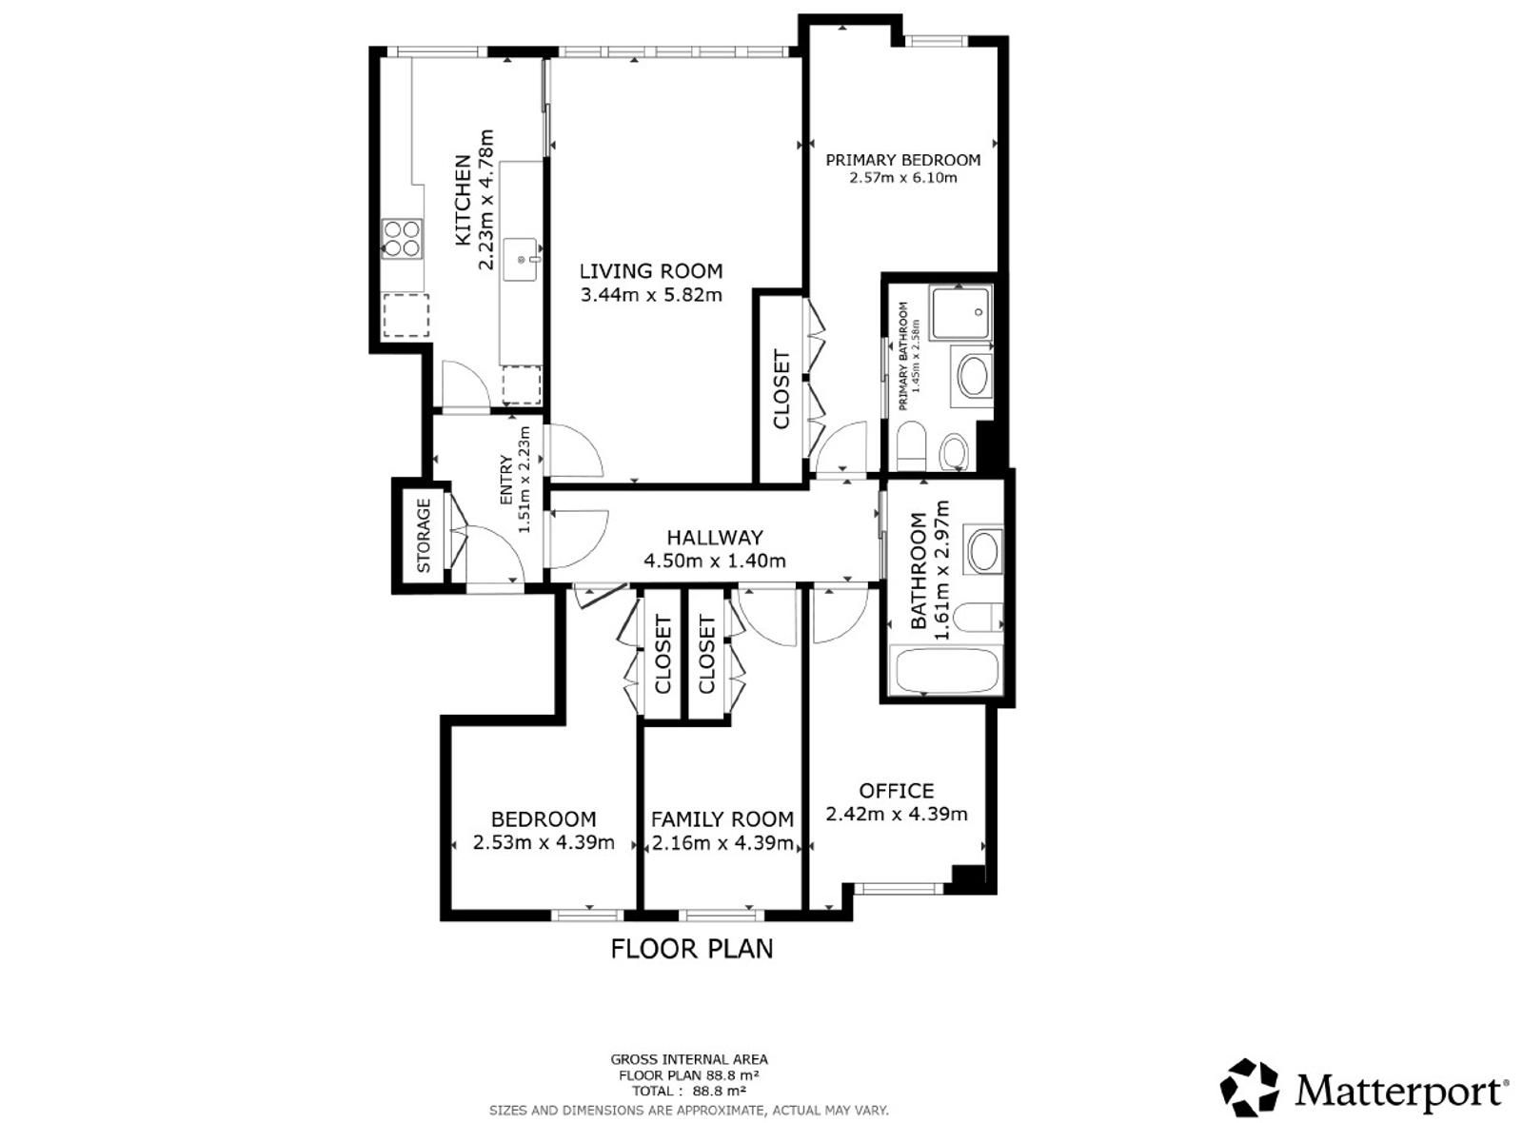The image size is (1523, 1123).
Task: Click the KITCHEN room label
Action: tap(463, 200)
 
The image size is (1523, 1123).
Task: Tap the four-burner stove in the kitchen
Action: tap(402, 239)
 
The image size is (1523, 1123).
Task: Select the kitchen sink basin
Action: tap(522, 260)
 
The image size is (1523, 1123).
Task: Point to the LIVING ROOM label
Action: tap(651, 271)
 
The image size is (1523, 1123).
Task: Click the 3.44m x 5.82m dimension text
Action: tap(651, 295)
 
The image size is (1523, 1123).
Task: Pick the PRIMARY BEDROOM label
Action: tap(903, 160)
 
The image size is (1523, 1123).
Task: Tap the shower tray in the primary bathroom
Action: tap(961, 313)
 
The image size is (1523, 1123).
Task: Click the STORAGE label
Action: tap(424, 535)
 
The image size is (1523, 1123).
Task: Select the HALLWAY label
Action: tap(715, 538)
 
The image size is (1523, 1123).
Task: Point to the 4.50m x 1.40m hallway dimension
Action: tap(715, 561)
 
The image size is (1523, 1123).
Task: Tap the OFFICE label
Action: tap(896, 791)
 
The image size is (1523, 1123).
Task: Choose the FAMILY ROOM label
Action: tap(722, 819)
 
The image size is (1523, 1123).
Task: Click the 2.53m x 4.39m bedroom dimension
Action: tap(544, 843)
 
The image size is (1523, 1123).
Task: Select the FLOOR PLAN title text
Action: tap(691, 949)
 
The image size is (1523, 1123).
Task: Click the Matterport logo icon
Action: tap(1248, 1087)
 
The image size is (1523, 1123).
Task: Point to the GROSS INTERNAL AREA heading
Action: tap(689, 1059)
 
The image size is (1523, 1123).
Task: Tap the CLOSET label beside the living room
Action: tap(781, 389)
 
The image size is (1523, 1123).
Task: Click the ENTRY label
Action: tap(505, 480)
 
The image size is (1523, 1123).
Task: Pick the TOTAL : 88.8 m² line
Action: tap(689, 1092)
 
